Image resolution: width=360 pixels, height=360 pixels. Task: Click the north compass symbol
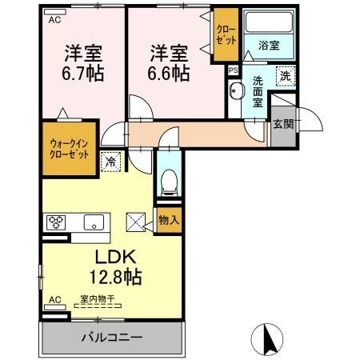(x=267, y=339)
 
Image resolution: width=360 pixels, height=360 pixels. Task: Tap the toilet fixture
(x=169, y=182)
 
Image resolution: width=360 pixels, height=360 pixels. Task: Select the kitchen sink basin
(x=94, y=222)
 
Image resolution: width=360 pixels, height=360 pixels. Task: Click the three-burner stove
(x=56, y=222)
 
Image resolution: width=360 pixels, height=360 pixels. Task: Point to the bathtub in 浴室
(x=269, y=22)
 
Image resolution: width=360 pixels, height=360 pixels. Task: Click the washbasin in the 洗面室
(x=235, y=90)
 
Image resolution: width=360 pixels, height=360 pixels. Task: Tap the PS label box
(x=234, y=70)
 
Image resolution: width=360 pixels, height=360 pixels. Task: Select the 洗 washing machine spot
(x=286, y=76)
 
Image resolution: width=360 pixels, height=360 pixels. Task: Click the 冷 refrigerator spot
(x=110, y=162)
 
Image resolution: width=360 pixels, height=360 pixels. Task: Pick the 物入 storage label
(x=169, y=220)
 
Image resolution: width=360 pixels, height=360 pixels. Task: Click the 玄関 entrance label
(x=283, y=124)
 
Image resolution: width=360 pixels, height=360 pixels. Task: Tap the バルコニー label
(x=112, y=338)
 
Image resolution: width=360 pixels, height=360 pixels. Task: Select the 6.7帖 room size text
(x=83, y=74)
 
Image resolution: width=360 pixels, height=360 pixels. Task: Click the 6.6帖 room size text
(x=169, y=74)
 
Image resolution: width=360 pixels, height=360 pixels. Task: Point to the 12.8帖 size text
(x=115, y=278)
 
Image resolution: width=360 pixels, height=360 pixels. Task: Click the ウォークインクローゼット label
(x=69, y=150)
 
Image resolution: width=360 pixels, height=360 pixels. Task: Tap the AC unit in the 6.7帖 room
(x=55, y=12)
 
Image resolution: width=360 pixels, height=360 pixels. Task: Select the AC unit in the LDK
(x=55, y=307)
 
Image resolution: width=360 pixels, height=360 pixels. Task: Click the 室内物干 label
(x=98, y=298)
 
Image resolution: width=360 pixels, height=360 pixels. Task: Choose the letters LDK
(x=116, y=257)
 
